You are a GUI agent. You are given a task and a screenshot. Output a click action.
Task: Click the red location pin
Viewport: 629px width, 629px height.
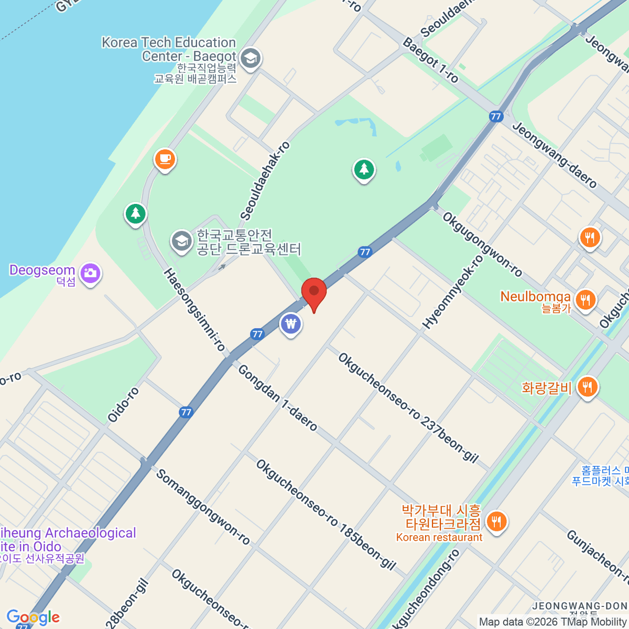tap(314, 292)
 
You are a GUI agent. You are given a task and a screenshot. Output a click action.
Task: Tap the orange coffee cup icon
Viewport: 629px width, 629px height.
tap(165, 159)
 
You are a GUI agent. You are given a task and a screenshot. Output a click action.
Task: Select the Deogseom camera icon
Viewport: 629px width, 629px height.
tap(91, 273)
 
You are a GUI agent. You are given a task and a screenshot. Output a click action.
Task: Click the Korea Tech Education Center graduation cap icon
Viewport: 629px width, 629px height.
tap(251, 58)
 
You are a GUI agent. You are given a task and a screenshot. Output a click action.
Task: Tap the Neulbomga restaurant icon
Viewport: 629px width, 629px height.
tap(585, 300)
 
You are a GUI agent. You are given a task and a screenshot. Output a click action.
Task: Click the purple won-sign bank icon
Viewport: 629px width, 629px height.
tap(291, 324)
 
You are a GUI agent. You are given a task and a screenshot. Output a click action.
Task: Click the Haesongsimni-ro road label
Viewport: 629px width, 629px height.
tap(194, 310)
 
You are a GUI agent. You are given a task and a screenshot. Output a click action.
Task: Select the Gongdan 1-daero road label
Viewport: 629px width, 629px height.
tap(278, 398)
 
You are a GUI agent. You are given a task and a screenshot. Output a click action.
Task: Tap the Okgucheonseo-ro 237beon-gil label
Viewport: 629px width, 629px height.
tap(408, 408)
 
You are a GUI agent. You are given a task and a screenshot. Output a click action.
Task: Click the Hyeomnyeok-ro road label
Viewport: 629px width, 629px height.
tap(453, 292)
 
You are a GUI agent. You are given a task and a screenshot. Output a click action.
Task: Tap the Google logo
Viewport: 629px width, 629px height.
tap(33, 617)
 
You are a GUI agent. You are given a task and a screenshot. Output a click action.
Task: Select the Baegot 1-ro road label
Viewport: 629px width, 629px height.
tap(431, 60)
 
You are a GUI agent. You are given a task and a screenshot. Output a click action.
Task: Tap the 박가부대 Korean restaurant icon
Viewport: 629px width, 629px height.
tap(496, 522)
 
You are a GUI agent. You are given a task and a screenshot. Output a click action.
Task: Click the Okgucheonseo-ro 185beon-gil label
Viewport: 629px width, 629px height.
tap(326, 515)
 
